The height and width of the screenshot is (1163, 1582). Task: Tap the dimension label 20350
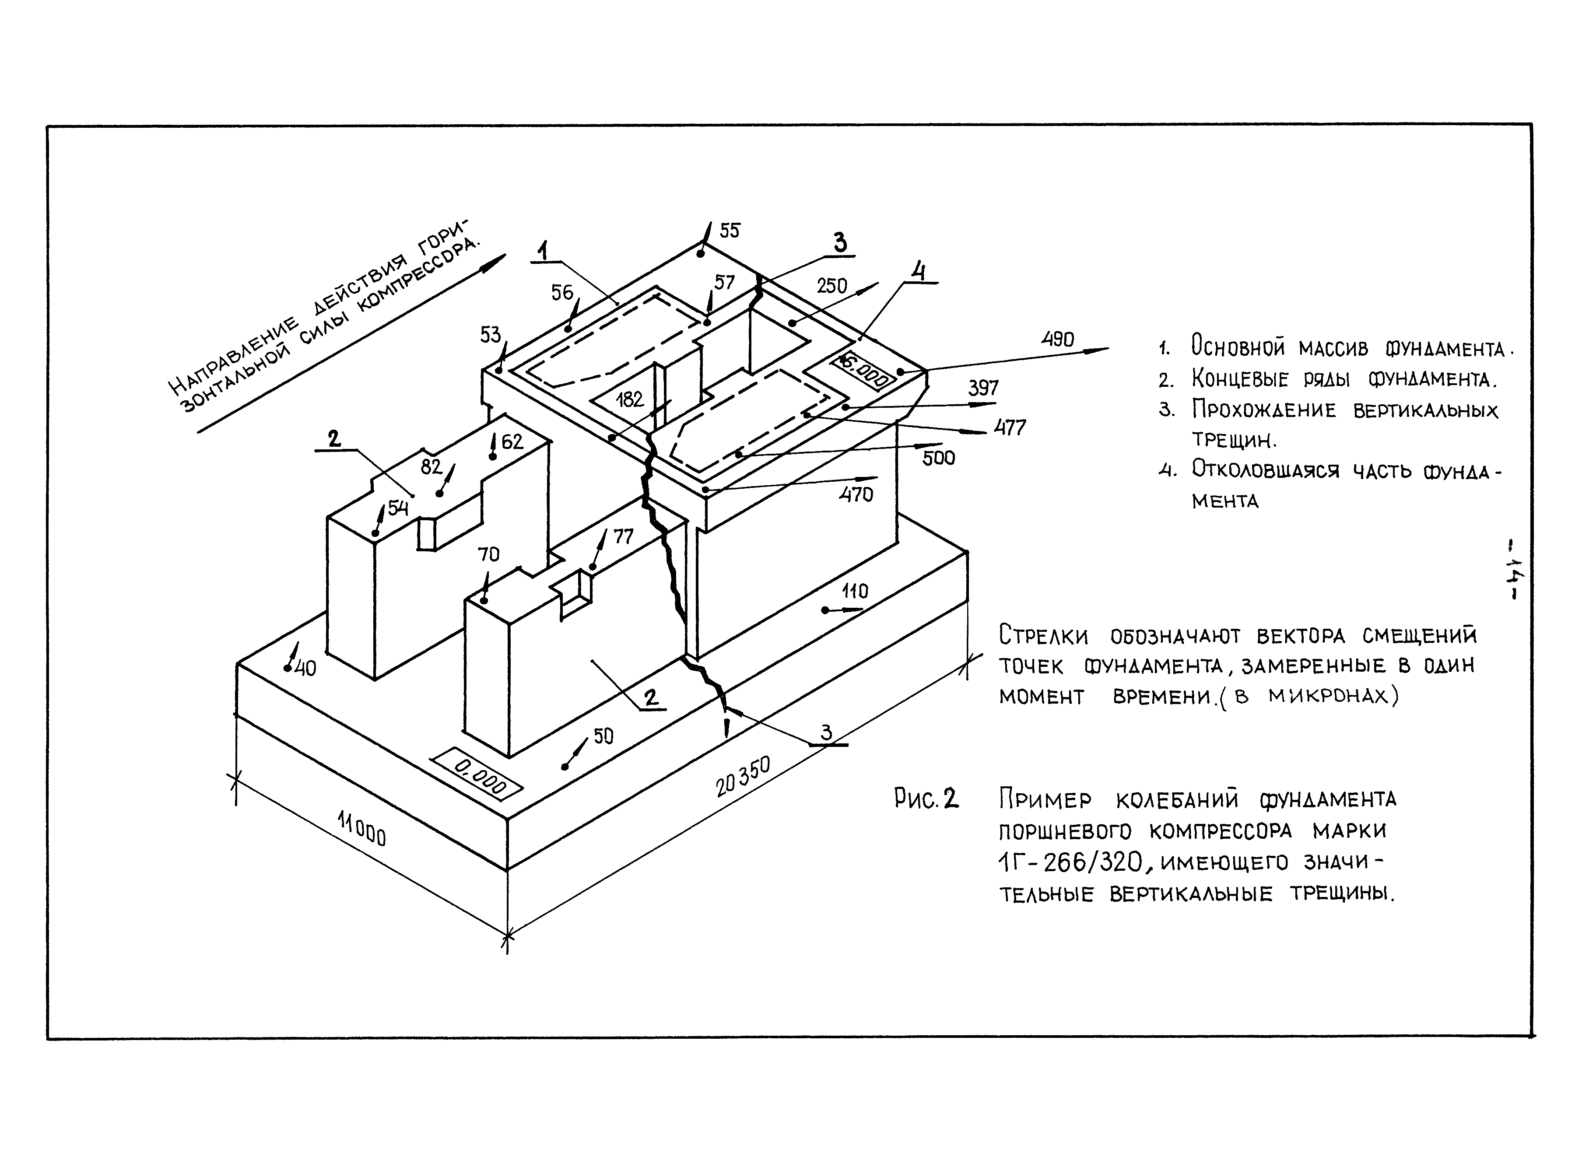point(743,777)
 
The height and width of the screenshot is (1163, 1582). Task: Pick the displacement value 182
point(629,400)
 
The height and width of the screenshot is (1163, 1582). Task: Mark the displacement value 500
point(939,458)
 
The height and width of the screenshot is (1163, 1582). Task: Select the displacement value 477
point(1010,427)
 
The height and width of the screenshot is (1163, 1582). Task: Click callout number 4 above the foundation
point(918,270)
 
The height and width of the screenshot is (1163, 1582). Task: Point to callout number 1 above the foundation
point(544,250)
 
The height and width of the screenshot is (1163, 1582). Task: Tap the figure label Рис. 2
point(926,799)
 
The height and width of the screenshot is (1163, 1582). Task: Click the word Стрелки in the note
point(1043,636)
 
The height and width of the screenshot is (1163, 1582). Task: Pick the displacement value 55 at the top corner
point(730,231)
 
